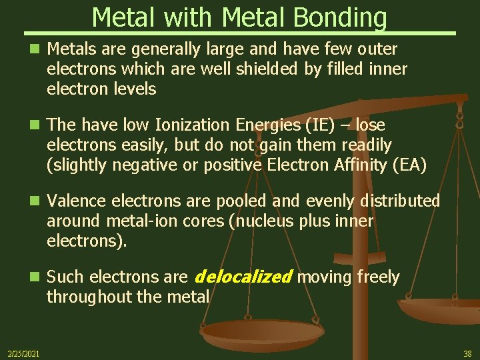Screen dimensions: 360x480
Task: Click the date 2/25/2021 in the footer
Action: click(23, 353)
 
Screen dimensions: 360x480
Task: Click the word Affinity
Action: click(348, 165)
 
